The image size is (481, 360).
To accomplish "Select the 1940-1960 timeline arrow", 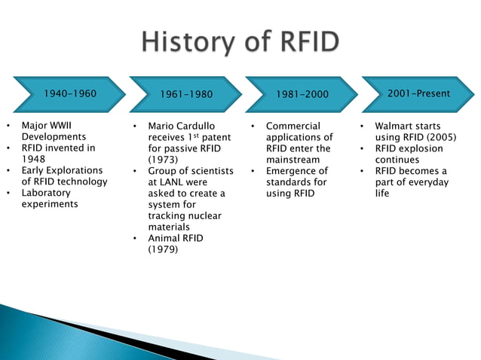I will tap(69, 94).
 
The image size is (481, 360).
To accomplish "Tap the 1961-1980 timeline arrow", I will tap(186, 94).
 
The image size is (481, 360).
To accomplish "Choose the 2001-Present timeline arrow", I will tap(417, 94).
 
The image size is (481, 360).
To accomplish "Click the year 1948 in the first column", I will tap(34, 160).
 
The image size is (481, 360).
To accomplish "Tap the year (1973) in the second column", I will tap(163, 160).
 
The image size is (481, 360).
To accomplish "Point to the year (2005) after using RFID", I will tap(440, 137).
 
